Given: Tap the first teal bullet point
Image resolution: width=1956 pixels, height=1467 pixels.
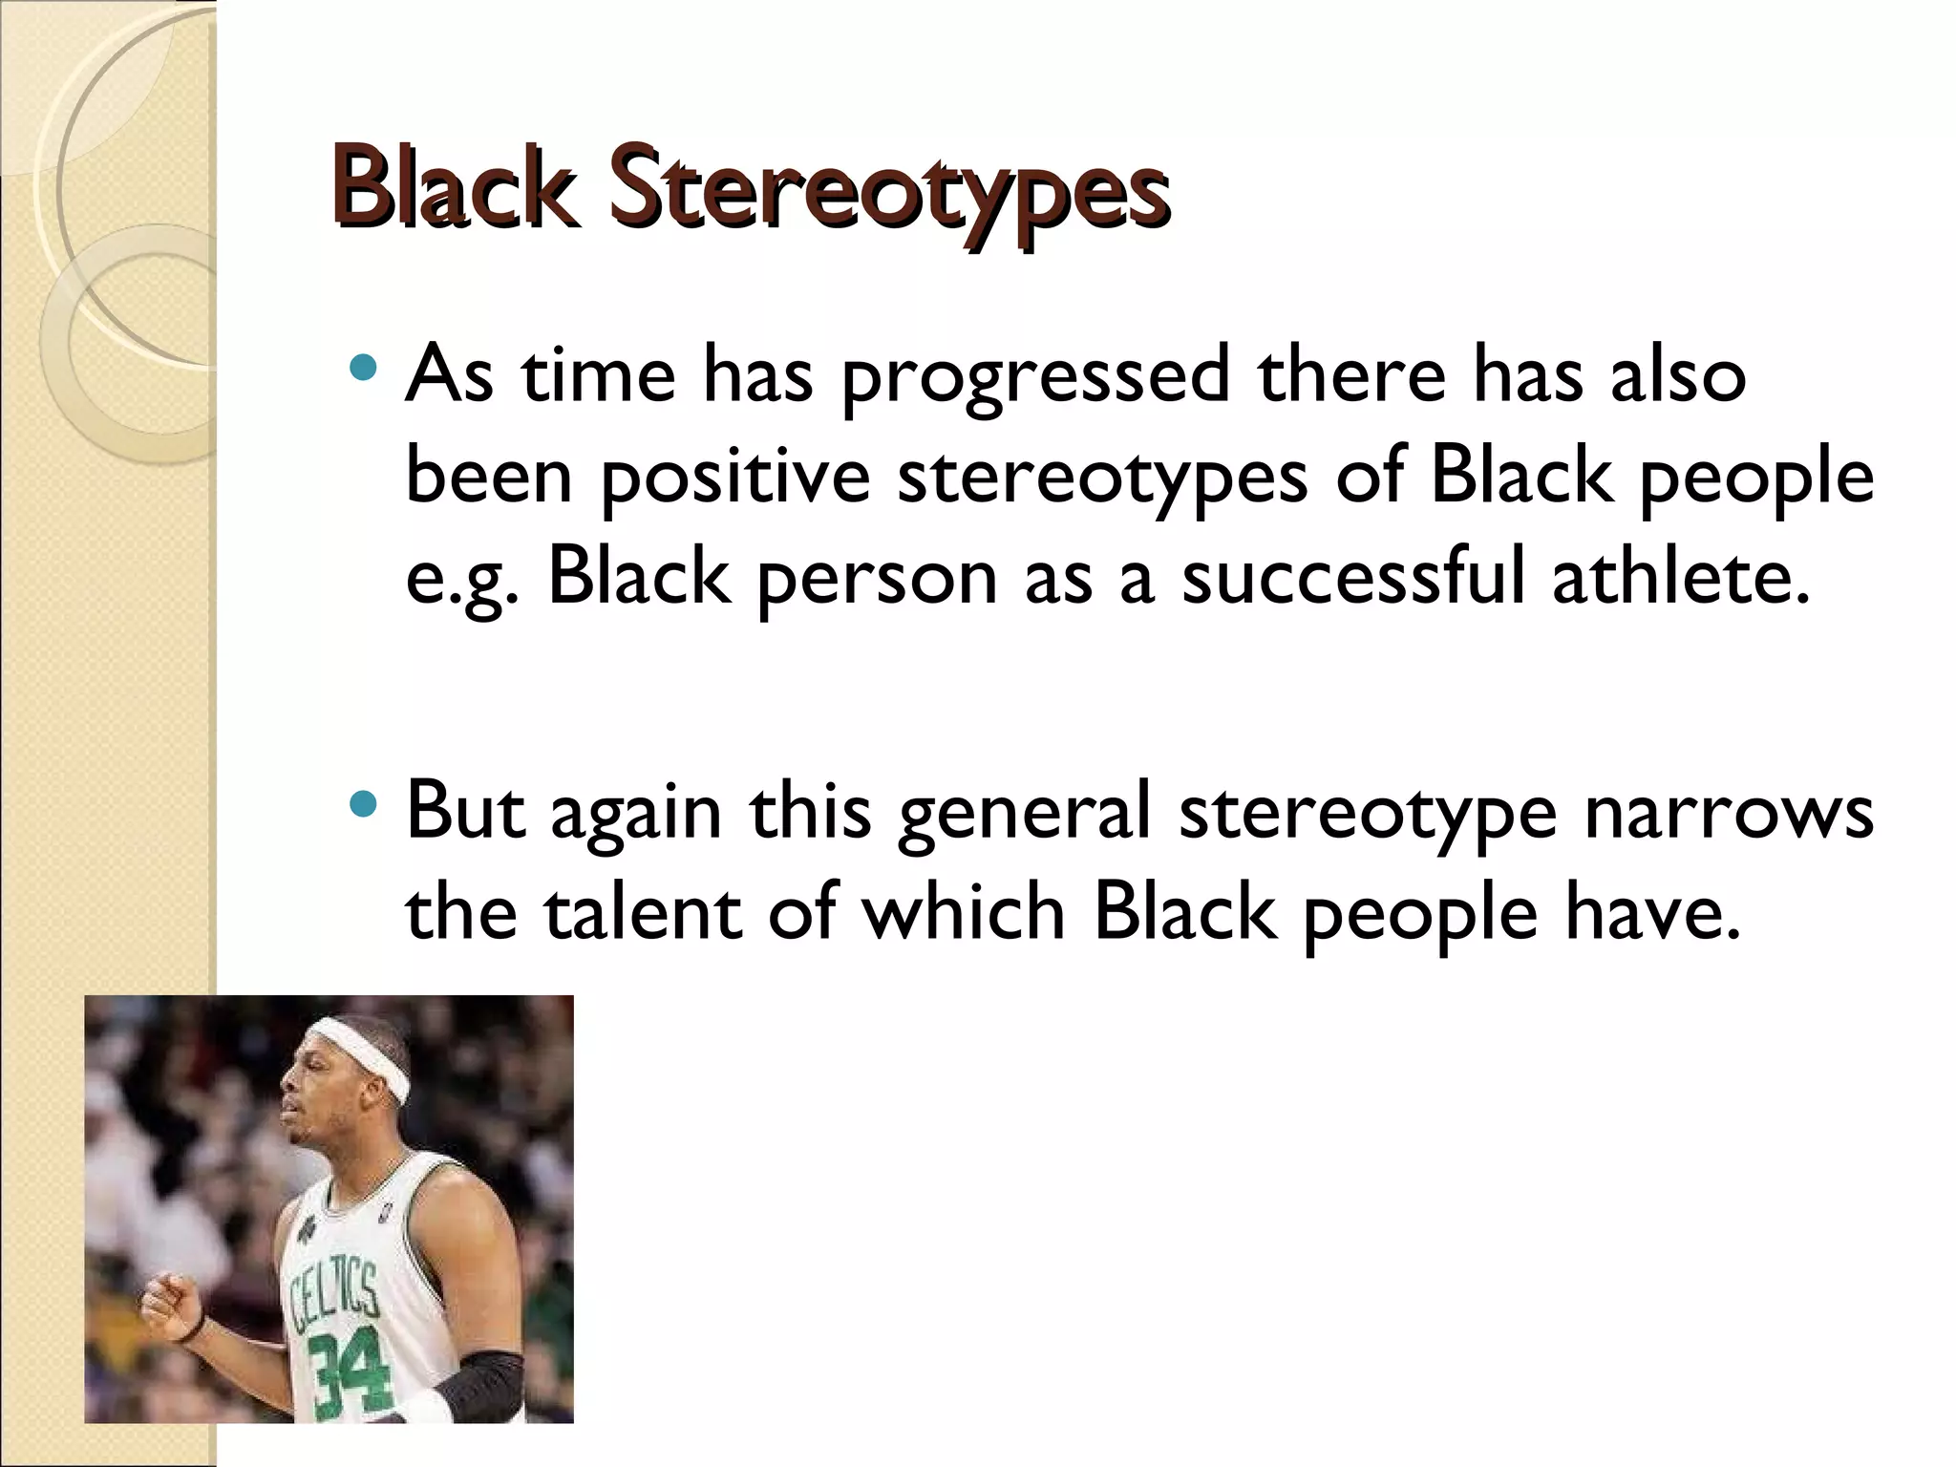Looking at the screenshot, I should tap(364, 367).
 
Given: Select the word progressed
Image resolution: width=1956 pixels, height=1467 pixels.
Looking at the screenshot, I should tap(1035, 377).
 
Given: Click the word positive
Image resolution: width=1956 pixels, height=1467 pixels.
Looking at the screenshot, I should tap(735, 478).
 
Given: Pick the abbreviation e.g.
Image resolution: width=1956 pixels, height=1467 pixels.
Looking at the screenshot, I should tap(462, 581).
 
